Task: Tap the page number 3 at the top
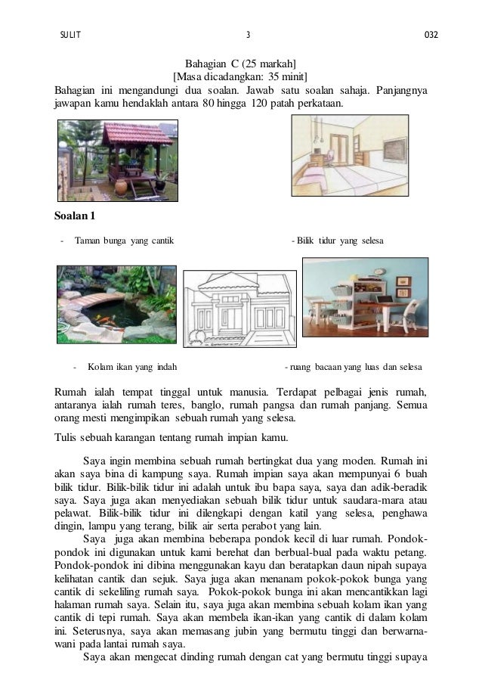248,35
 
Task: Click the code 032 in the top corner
431,35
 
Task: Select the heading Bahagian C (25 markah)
241,64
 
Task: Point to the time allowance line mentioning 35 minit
241,77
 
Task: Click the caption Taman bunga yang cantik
124,241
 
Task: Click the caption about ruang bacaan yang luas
353,368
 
